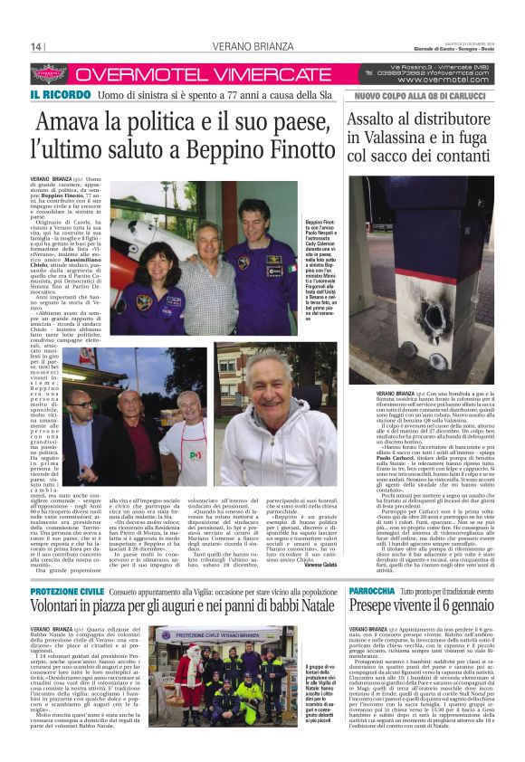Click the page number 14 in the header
37,47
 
